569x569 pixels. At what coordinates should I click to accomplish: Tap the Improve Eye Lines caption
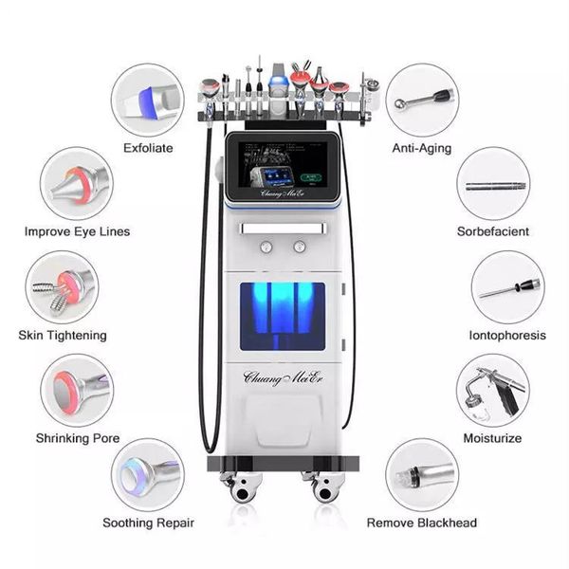pyautogui.click(x=77, y=231)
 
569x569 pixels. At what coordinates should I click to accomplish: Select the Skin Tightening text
pyautogui.click(x=63, y=335)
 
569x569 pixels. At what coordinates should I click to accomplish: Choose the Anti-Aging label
pyautogui.click(x=422, y=148)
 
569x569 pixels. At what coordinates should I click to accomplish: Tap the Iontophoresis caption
pyautogui.click(x=506, y=335)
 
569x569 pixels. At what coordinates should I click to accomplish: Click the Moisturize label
pyautogui.click(x=492, y=437)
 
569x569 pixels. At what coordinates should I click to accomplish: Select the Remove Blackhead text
pyautogui.click(x=422, y=523)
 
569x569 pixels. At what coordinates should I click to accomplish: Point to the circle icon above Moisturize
pyautogui.click(x=492, y=390)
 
